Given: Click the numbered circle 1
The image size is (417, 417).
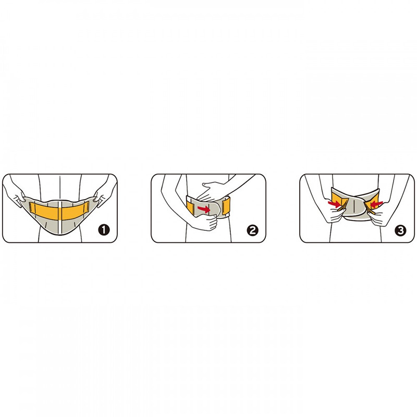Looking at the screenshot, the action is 104,229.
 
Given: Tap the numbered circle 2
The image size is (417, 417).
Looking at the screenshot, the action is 252,230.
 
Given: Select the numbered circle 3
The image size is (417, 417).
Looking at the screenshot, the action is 401,230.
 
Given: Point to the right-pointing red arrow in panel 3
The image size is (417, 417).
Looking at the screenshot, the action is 334,204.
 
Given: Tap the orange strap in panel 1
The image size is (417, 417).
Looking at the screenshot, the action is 59,211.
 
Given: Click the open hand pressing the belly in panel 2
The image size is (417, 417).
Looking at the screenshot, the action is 211,191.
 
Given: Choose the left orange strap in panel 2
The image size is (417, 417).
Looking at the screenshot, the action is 191,207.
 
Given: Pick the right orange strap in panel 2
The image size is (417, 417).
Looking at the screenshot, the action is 227,206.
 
